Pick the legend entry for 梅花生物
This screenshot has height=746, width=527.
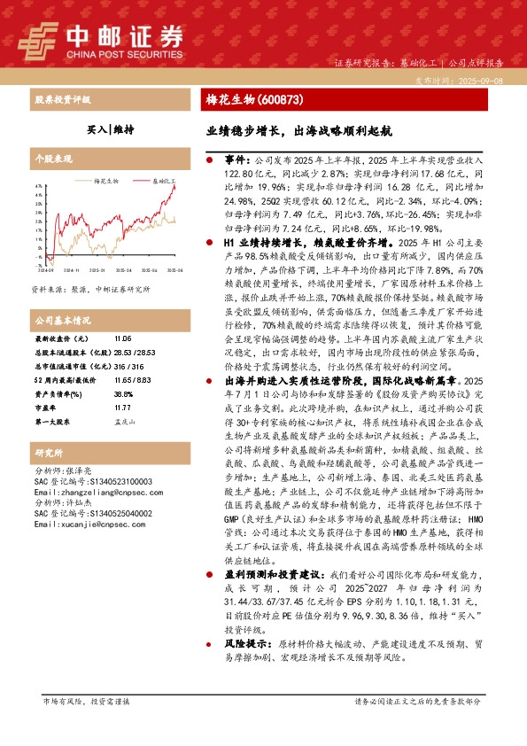click(x=105, y=180)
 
